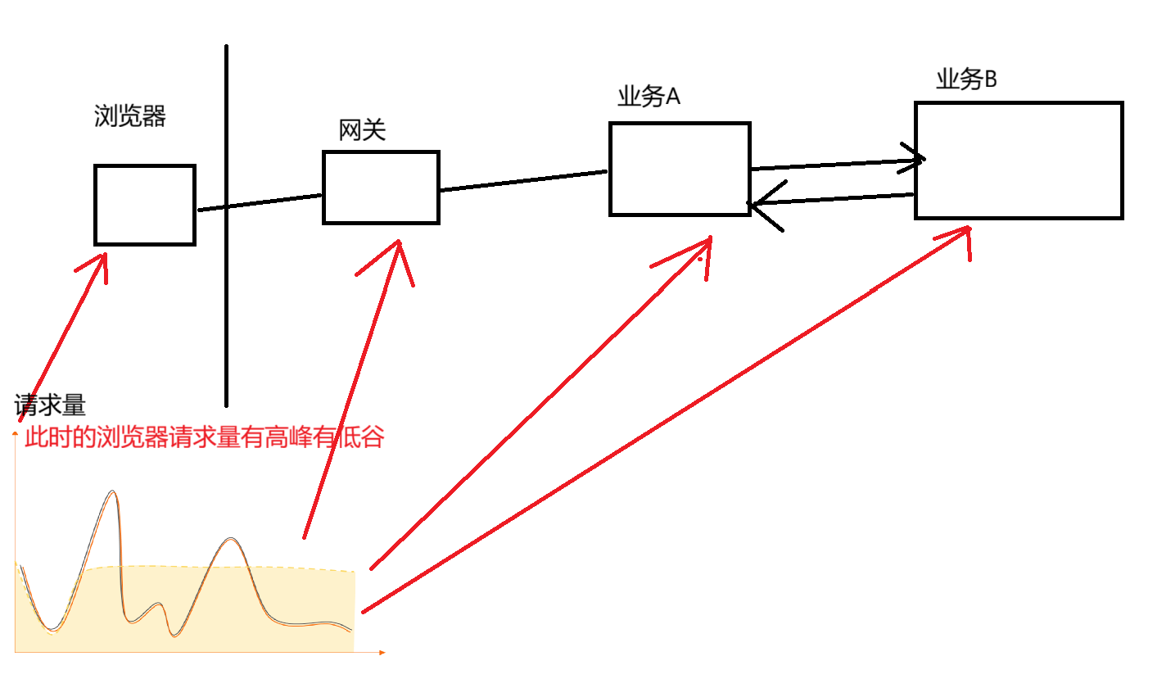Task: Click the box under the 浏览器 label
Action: tap(145, 205)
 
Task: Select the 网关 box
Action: tap(381, 187)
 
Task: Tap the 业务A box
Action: tap(680, 170)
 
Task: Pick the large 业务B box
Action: tap(1018, 161)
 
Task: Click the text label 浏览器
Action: tap(130, 116)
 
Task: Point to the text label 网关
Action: tap(362, 130)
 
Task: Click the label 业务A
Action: tap(649, 97)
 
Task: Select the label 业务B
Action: tap(966, 79)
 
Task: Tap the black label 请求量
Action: tap(50, 405)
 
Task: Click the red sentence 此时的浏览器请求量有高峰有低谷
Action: tap(205, 437)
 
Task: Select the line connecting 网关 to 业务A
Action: tap(524, 181)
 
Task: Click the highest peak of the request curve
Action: tap(112, 492)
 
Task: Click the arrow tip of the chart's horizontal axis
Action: tap(382, 652)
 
